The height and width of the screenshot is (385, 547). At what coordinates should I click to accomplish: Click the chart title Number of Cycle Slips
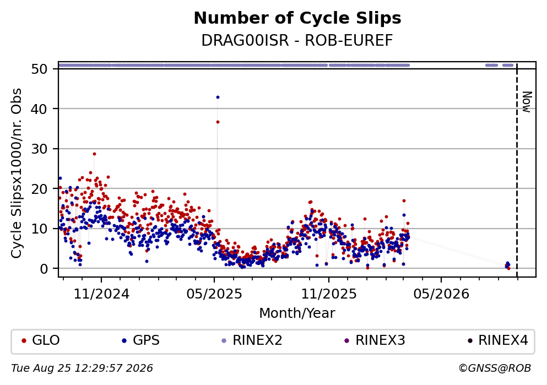297,18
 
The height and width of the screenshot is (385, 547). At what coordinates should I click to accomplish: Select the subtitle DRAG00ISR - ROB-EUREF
297,40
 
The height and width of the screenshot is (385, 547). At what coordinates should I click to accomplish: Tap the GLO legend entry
41,340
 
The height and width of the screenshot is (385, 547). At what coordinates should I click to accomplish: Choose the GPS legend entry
141,340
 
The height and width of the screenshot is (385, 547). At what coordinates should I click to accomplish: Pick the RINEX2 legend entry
252,340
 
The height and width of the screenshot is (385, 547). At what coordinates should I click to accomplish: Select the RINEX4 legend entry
498,340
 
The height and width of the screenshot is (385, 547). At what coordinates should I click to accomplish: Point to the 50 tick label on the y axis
39,69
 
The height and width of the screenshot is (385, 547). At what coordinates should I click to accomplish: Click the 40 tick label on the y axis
39,109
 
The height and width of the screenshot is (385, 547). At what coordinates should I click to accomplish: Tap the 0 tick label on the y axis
44,269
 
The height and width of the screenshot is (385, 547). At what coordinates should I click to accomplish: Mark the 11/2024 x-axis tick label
101,294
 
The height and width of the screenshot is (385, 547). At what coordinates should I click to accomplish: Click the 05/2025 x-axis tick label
214,294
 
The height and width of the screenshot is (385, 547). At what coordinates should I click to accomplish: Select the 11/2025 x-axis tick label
329,294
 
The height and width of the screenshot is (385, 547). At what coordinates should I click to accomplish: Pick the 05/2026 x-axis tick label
441,294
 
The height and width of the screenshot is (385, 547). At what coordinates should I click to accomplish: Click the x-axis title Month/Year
297,313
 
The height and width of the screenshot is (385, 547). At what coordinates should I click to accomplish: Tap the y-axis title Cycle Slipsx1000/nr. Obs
17,173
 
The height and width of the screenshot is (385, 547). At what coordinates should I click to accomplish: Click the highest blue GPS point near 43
218,97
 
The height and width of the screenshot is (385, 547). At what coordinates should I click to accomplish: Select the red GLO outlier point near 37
218,122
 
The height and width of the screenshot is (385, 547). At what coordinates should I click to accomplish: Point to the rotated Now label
527,102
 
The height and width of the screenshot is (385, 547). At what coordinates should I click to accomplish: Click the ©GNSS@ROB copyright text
495,368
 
